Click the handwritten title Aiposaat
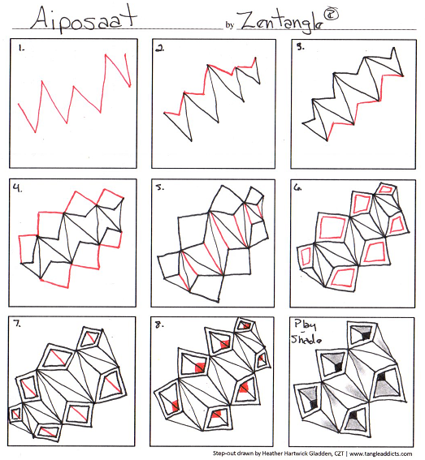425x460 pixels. [x=84, y=19]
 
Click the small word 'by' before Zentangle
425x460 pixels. [x=230, y=25]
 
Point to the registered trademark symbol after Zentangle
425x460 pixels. [x=331, y=15]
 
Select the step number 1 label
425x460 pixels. [x=21, y=49]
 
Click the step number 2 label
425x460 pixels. [x=159, y=49]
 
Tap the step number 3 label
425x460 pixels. [x=300, y=47]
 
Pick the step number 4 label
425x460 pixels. [x=18, y=187]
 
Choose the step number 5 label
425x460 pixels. [x=160, y=187]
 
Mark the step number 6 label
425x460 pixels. [x=297, y=187]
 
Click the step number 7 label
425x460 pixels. [x=17, y=324]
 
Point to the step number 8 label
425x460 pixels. [x=159, y=325]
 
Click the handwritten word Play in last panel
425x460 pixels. [x=305, y=325]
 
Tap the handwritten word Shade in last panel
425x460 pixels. [x=306, y=339]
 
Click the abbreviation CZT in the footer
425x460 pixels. [x=339, y=454]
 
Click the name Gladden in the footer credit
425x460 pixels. [x=320, y=454]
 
